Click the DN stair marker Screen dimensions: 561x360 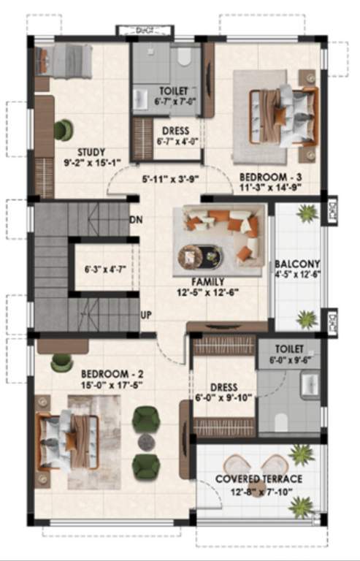(x=135, y=220)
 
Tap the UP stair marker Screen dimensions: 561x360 (x=146, y=315)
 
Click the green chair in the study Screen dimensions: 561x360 (x=64, y=129)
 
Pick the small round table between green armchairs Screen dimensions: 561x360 (x=146, y=442)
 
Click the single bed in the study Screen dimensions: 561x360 (x=64, y=60)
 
